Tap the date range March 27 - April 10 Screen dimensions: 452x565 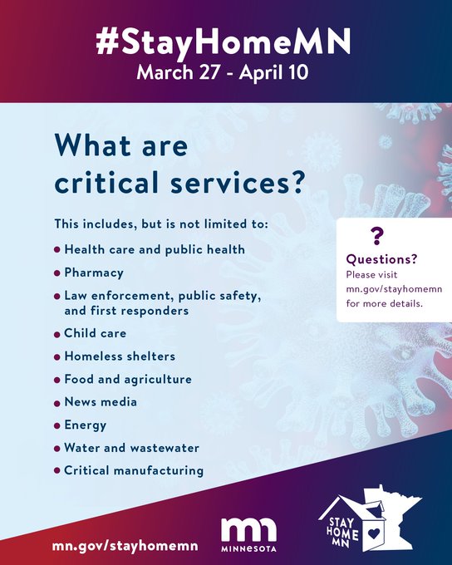(223, 72)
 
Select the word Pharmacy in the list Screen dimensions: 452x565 (94, 273)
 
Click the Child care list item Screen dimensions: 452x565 (96, 333)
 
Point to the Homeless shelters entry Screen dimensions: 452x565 (120, 356)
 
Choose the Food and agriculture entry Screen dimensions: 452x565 (128, 379)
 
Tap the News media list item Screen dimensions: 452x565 (101, 402)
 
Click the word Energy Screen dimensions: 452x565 (85, 425)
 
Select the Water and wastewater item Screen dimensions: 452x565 (131, 448)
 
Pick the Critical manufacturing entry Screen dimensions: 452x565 (134, 470)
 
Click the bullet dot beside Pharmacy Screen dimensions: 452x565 (56, 273)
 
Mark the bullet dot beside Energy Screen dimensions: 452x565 (56, 426)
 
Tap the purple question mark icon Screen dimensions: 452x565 (377, 236)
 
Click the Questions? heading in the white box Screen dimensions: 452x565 (381, 259)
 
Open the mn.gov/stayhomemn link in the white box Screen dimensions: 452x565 (394, 289)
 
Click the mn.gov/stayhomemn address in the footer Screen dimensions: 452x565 (125, 546)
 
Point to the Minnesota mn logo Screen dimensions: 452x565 (248, 535)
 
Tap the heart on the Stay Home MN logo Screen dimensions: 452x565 (374, 533)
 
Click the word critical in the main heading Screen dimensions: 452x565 (106, 182)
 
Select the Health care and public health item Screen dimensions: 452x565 (155, 249)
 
